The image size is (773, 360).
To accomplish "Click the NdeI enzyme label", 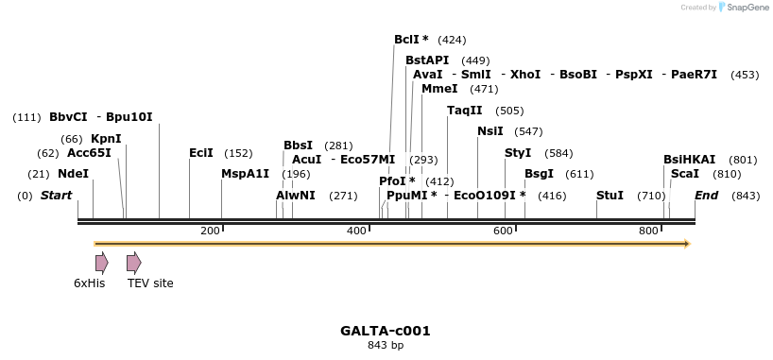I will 73,174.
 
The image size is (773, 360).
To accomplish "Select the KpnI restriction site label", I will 106,139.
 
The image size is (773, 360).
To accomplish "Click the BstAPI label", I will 427,60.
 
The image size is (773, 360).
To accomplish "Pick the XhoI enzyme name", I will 525,75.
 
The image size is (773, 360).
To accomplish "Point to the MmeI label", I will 439,89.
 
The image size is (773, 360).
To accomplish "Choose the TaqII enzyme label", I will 465,111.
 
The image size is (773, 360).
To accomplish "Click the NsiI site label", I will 490,131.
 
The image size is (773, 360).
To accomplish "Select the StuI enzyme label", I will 610,196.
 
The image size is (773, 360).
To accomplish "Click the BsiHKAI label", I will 689,160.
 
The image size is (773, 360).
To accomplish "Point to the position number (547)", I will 528,131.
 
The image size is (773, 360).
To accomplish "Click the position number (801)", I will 743,160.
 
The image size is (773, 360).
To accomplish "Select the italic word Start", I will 56,196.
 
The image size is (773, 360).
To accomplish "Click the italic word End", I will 707,196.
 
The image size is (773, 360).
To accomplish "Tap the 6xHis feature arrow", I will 101,263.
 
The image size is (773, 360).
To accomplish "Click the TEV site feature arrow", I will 134,263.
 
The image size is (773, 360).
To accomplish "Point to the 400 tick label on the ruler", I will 357,231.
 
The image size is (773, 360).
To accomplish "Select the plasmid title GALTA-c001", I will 386,331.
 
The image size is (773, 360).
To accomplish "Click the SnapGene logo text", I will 747,8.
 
